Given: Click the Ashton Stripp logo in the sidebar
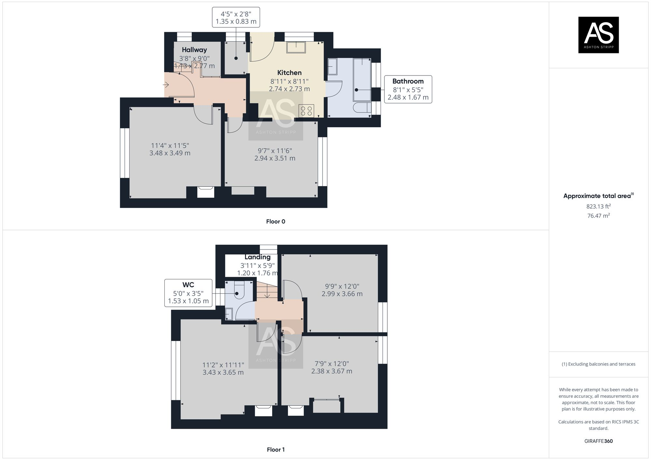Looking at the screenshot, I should point(598,35).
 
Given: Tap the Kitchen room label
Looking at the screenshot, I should point(289,73).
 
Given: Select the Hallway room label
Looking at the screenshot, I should point(194,50).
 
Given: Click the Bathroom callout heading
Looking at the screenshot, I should point(408,81).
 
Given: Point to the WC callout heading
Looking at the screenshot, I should point(188,285).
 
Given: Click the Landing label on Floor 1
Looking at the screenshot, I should point(257,257).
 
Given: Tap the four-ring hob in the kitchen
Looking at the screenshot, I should point(306,111).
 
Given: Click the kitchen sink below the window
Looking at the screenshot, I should point(296,47).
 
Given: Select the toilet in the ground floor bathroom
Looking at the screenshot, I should point(362,108).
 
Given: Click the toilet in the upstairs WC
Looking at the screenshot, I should point(240,291).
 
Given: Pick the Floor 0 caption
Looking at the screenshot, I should point(275,222).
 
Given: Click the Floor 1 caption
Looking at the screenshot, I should point(276,450).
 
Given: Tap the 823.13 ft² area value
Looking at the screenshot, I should point(598,206).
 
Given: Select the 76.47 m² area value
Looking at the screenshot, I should point(598,216).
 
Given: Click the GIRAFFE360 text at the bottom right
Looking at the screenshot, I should point(598,441).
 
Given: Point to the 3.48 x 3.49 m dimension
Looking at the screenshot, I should point(170,153).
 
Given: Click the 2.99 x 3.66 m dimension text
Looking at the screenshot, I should point(342,294).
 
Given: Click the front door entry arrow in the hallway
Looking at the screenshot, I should point(166,85).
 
